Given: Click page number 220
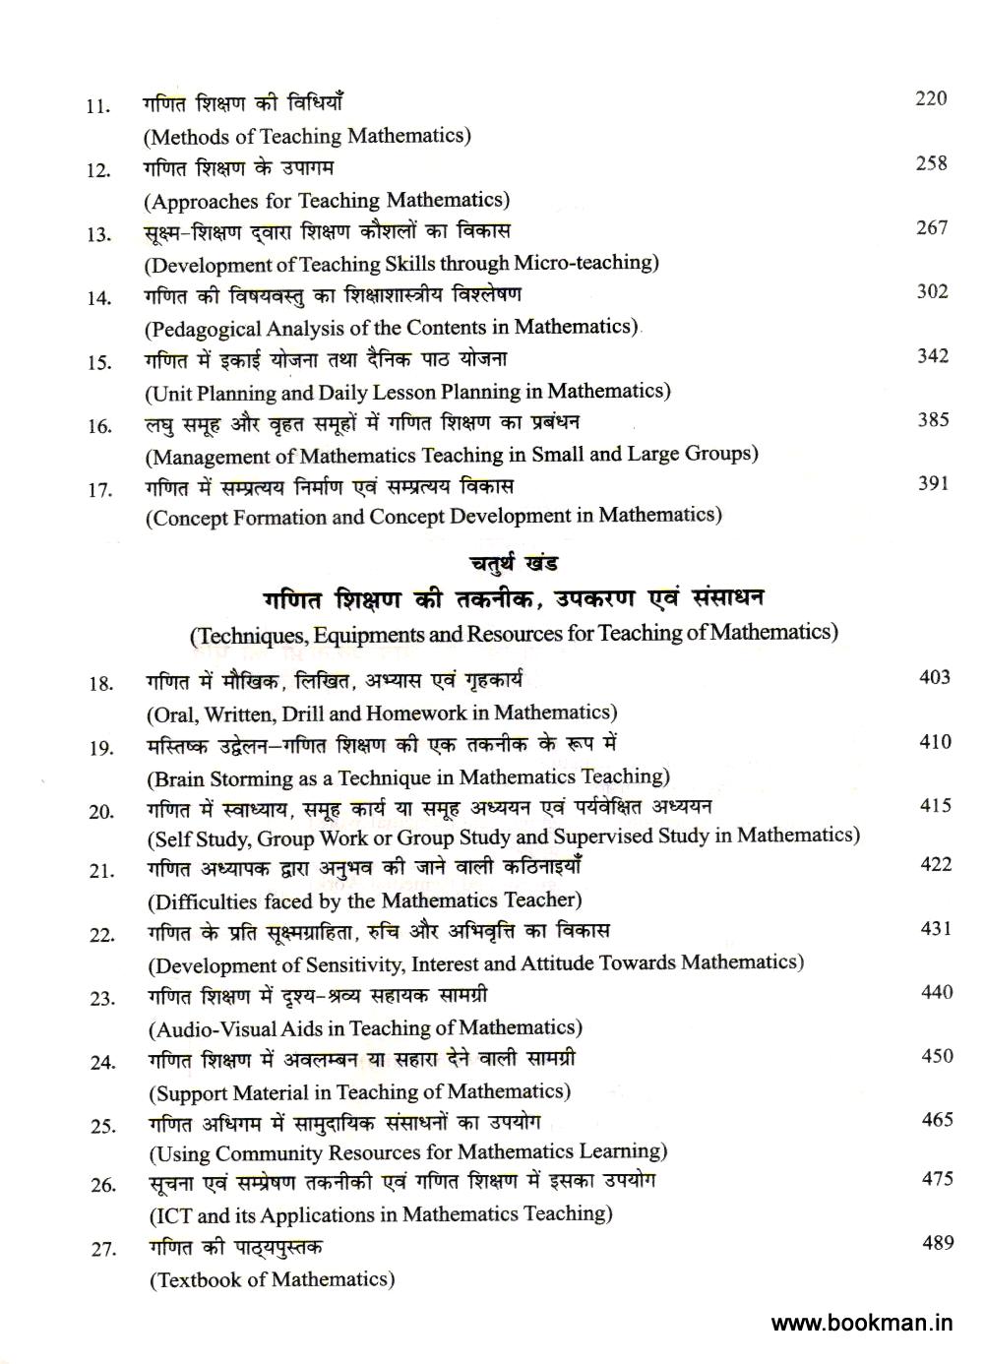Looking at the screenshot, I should click(930, 98).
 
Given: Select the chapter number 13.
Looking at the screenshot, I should click(98, 234).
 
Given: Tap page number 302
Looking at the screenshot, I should click(932, 291).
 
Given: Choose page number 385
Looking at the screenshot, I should click(933, 420).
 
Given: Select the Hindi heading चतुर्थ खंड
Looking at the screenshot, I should click(513, 564).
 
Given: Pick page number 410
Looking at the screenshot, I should click(935, 742).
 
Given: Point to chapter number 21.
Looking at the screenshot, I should click(101, 872).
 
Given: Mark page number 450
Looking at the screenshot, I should click(937, 1056).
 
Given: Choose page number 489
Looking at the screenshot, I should click(938, 1243).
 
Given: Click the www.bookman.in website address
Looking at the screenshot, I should click(862, 1324).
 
